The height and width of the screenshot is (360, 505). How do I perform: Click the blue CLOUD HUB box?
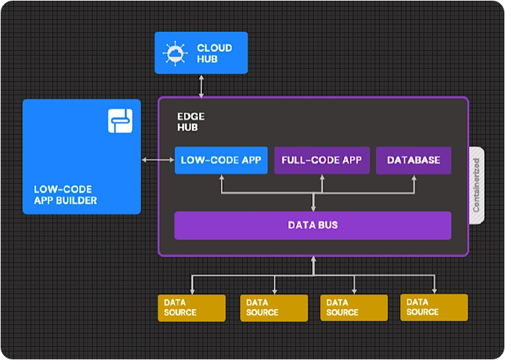point(201,52)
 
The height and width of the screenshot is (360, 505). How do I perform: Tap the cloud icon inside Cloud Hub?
point(175,53)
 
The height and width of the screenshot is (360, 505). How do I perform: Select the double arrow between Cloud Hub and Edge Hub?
point(200,85)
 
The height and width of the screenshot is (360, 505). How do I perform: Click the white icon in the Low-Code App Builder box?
point(120,120)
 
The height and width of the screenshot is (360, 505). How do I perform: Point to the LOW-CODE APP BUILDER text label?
point(65,195)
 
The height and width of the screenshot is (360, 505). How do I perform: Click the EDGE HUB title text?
point(191,122)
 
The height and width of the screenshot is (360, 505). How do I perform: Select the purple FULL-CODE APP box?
point(322,160)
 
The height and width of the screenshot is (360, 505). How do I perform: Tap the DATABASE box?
point(413,160)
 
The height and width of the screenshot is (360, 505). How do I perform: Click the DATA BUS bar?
point(313,225)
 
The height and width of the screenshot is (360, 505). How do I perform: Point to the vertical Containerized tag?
point(476,185)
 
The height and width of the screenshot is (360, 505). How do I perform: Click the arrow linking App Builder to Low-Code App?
point(158,160)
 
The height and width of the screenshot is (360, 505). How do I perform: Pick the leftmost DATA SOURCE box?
point(191,308)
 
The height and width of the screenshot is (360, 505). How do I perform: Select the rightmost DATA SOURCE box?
point(434,308)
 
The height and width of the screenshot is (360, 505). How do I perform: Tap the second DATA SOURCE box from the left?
point(274,308)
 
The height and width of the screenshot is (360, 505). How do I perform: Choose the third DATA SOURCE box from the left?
point(353,308)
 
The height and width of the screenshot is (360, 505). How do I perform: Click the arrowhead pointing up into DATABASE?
point(413,178)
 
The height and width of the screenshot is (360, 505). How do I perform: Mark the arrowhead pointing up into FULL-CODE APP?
point(322,178)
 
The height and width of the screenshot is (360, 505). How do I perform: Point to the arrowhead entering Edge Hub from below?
point(313,260)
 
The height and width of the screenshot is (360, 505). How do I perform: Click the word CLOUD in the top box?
point(215,48)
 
